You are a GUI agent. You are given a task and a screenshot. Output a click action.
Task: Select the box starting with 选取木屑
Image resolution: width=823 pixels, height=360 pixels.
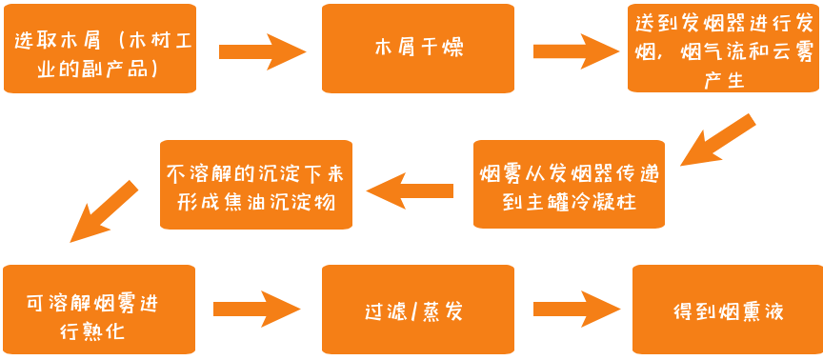(x=100, y=49)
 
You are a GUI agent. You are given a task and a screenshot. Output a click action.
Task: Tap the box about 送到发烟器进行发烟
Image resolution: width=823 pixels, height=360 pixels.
(x=725, y=49)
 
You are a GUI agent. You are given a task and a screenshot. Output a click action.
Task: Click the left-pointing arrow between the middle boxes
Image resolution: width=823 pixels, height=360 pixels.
(x=410, y=191)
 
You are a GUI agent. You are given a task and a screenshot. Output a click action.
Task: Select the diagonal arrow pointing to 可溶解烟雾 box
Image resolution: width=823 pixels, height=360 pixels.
(x=106, y=210)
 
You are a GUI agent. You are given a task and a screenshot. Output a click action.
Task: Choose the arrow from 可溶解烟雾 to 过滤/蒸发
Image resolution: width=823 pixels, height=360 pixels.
(x=256, y=310)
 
